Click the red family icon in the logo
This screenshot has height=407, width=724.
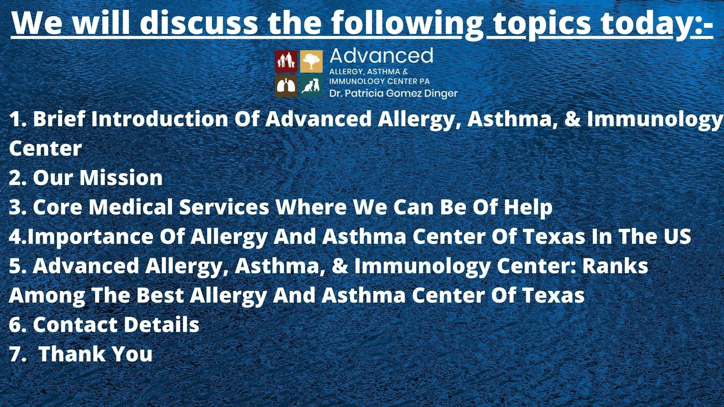click(286, 61)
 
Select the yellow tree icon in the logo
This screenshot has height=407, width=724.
click(311, 61)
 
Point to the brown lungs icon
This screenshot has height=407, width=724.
click(286, 86)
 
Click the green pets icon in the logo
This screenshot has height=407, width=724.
click(311, 86)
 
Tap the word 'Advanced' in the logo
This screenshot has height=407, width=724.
click(381, 56)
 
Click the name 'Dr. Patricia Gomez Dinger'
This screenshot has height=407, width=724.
click(393, 93)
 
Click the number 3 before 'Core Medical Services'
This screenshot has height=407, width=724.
click(15, 207)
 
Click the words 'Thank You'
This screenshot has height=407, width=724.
click(96, 354)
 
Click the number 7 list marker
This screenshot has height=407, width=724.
click(15, 354)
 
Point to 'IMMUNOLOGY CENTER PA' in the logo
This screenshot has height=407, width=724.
click(379, 81)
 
